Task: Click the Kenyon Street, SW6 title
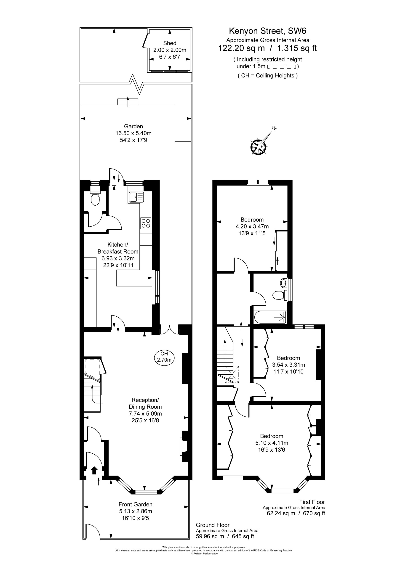(x=267, y=31)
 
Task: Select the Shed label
(x=170, y=43)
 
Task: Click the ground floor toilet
(x=95, y=199)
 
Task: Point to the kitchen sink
(x=136, y=197)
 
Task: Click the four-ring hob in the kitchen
(x=146, y=223)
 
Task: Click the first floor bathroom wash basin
(x=283, y=283)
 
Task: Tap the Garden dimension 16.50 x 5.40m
(x=133, y=133)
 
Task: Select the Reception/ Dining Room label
(x=145, y=403)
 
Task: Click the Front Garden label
(x=135, y=504)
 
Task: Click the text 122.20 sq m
(x=241, y=48)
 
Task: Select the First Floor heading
(x=312, y=502)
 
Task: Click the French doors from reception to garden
(x=170, y=330)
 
